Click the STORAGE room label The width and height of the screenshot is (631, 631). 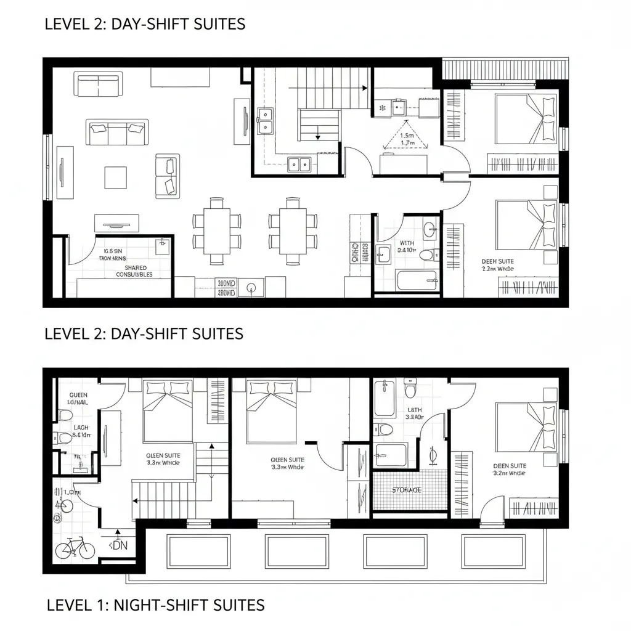click(407, 490)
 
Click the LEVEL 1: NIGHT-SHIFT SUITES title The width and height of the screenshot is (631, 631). click(155, 605)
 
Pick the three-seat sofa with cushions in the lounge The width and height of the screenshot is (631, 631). click(117, 131)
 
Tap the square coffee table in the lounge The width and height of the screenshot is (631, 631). click(115, 177)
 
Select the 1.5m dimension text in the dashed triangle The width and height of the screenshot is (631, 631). click(407, 135)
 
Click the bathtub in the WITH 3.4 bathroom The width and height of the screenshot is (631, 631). click(416, 280)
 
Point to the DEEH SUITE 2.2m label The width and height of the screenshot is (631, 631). click(497, 265)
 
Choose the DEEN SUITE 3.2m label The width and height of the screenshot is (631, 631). click(510, 469)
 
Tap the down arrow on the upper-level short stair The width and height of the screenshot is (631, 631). click(317, 137)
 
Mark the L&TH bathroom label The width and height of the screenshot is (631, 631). click(413, 413)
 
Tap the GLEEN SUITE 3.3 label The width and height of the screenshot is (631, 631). click(163, 459)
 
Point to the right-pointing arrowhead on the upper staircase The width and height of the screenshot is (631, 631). click(365, 88)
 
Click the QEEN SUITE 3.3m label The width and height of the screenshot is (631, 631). click(288, 463)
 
